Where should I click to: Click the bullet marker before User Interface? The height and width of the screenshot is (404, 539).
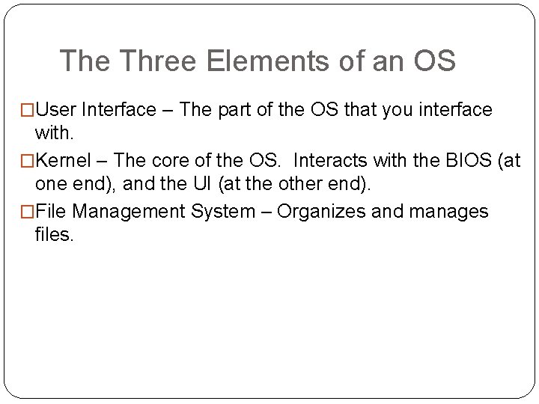(x=28, y=111)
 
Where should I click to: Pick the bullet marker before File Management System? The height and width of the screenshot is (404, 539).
(x=28, y=212)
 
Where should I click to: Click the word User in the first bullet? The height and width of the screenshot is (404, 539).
(x=56, y=110)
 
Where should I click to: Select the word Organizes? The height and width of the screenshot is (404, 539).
(x=323, y=212)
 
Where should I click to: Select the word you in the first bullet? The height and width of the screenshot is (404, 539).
(x=398, y=110)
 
